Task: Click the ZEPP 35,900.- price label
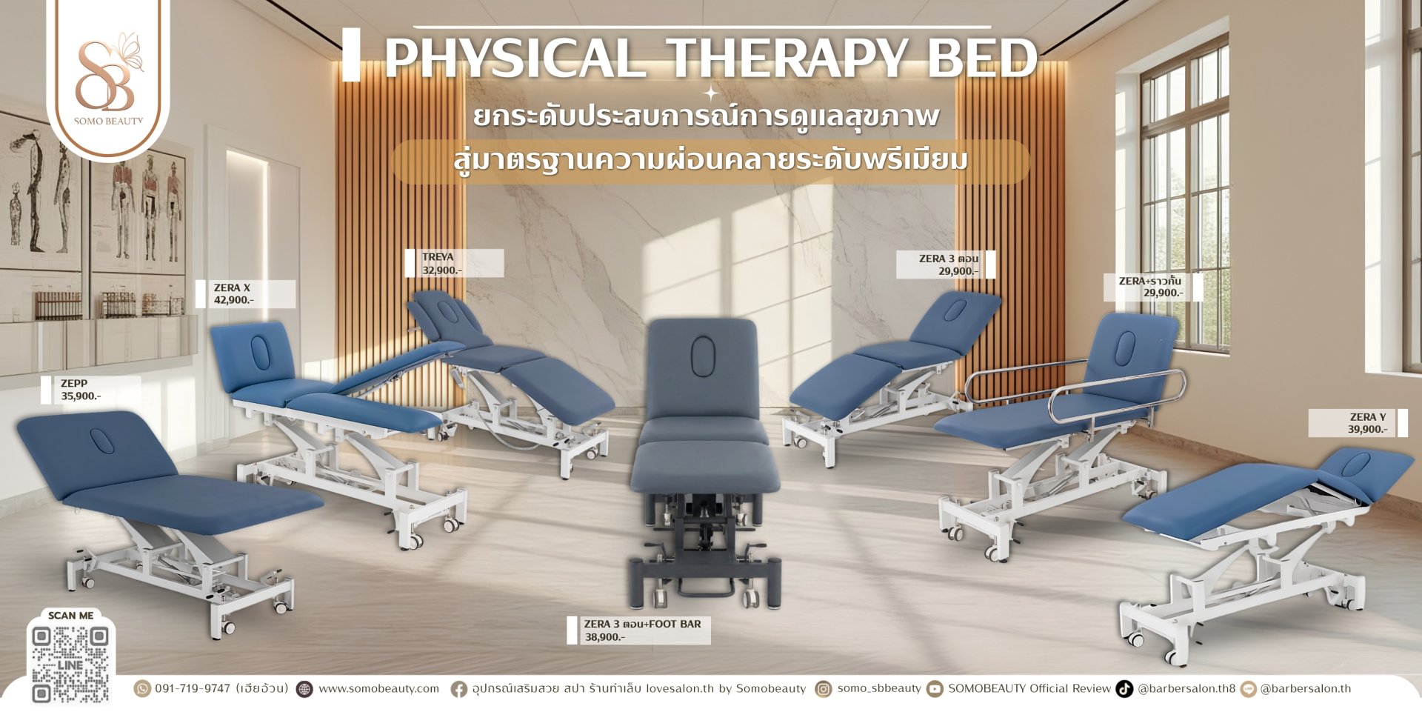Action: click(x=81, y=390)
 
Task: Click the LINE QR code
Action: click(x=70, y=664)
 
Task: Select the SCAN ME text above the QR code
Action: click(x=70, y=616)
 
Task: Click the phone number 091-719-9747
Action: click(x=193, y=689)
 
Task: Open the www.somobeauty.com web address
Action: click(x=378, y=689)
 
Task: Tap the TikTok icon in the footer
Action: click(x=1124, y=689)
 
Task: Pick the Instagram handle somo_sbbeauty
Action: click(x=879, y=689)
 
